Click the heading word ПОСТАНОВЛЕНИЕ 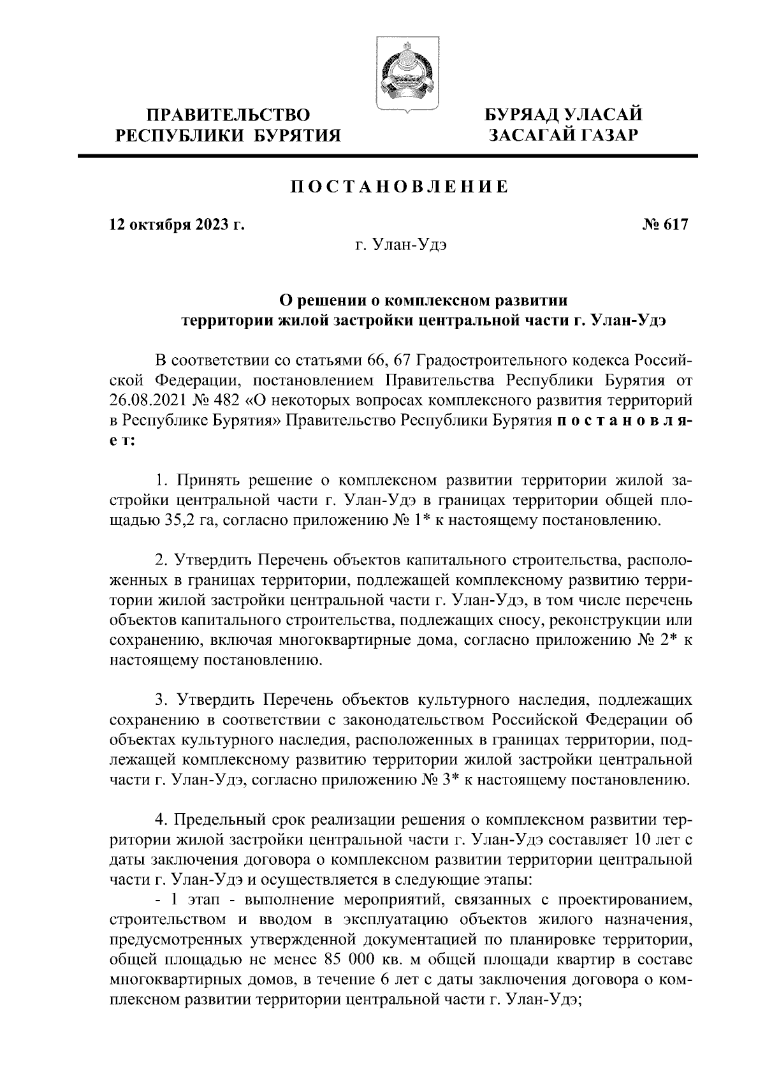[x=400, y=188]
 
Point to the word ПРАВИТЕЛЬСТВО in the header [x=229, y=116]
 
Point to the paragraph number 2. [x=161, y=561]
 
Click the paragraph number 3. [x=161, y=700]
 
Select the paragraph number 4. [x=161, y=820]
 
